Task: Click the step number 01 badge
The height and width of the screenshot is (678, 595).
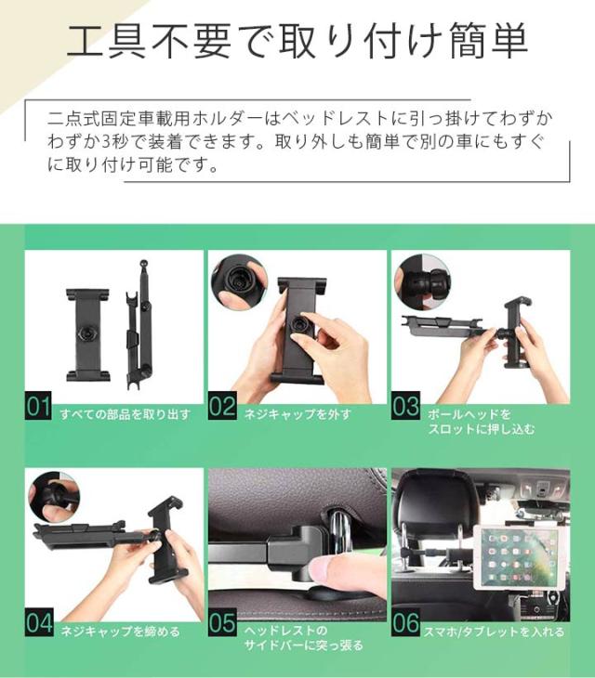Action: (38, 406)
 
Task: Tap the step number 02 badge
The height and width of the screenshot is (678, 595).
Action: (222, 406)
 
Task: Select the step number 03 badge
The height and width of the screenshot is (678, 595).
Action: (405, 406)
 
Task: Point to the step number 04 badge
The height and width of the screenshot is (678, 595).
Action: (39, 622)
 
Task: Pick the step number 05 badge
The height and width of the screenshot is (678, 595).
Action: (222, 622)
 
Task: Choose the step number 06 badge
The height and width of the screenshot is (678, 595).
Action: (405, 622)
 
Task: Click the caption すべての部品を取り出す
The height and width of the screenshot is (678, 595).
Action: (126, 414)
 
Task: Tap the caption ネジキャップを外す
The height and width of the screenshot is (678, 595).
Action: (298, 414)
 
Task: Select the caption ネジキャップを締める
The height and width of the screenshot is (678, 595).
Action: (120, 632)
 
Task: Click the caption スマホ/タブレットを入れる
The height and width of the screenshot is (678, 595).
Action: (494, 632)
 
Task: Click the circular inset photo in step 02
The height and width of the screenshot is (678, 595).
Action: (239, 282)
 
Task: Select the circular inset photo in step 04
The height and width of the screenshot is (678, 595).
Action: (54, 498)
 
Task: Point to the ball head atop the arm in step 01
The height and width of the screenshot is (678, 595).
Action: (143, 264)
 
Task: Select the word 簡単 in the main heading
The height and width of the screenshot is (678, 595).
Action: (488, 42)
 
